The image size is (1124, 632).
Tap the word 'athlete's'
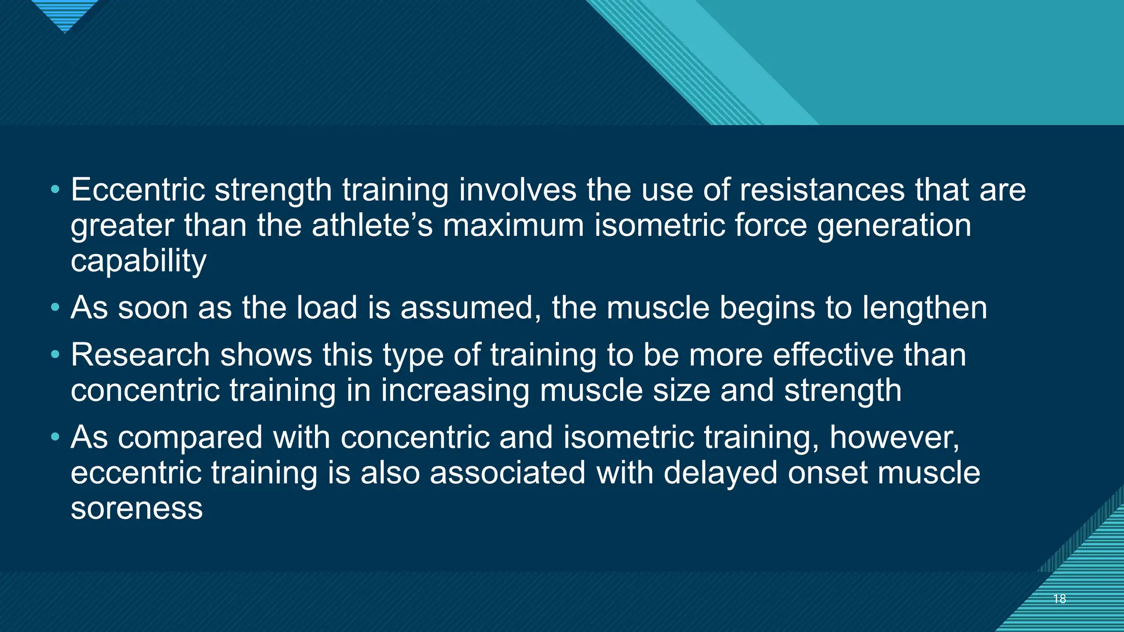373,225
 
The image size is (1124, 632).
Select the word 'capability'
138,261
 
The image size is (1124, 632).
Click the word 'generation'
894,225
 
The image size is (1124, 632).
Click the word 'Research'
140,355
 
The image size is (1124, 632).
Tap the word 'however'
894,438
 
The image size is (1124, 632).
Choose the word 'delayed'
720,473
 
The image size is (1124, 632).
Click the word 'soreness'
137,509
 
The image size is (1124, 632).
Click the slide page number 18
1060,599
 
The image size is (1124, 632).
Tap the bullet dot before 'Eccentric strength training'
54,190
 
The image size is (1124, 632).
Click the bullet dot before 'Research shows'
54,356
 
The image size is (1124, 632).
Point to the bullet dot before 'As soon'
54,308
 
